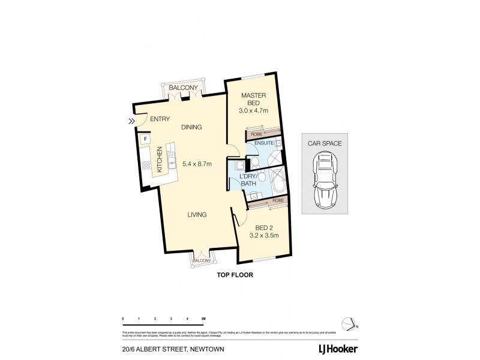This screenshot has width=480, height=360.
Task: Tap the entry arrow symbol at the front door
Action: point(131,122)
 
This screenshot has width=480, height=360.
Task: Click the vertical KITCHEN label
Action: point(160,160)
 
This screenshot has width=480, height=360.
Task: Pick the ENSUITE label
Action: point(264,143)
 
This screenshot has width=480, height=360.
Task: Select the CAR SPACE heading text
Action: point(325,143)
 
